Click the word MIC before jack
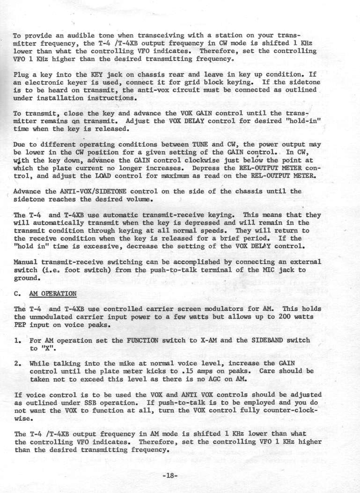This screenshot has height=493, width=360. (258, 270)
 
